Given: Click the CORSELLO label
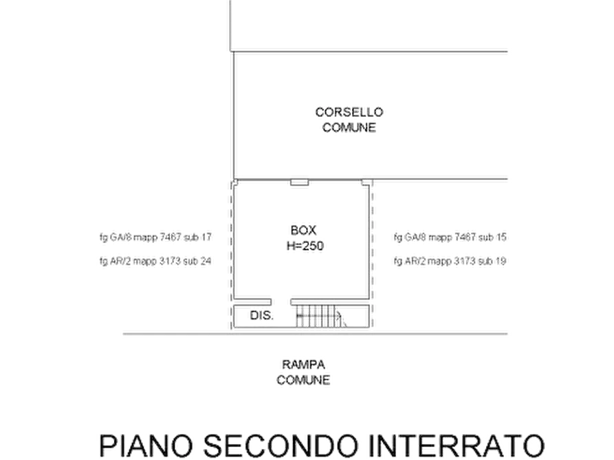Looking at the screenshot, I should [x=351, y=111].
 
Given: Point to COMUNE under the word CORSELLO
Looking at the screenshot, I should [x=351, y=127].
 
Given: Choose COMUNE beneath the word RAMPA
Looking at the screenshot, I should [x=303, y=379].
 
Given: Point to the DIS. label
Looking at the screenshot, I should [x=261, y=315].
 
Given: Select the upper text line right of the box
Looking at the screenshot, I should [x=450, y=238].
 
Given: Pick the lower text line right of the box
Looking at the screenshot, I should [x=450, y=261].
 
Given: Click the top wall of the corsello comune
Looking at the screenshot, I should [x=371, y=51].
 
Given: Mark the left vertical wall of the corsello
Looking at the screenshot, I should [x=234, y=113].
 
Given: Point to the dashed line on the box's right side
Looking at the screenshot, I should [x=373, y=254].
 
